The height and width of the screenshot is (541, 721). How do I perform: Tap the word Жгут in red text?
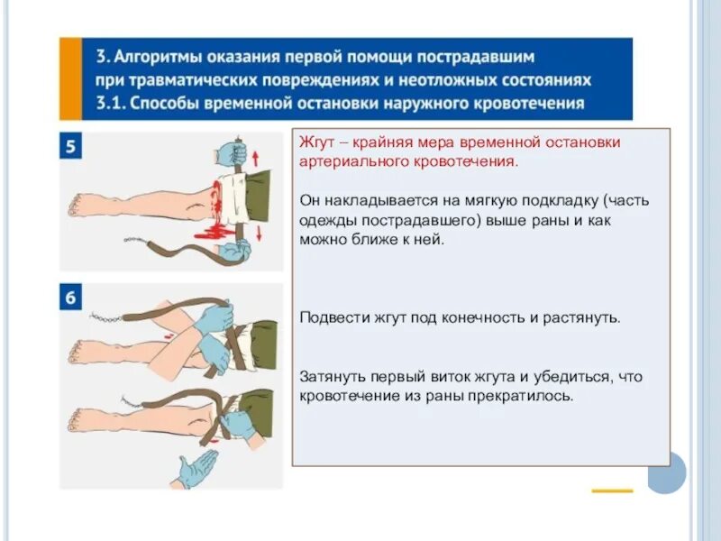(315, 142)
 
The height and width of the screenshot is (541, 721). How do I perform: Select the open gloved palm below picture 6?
(196, 469)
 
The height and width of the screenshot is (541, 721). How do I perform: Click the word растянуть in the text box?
(578, 318)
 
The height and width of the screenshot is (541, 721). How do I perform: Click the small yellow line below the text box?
(612, 491)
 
